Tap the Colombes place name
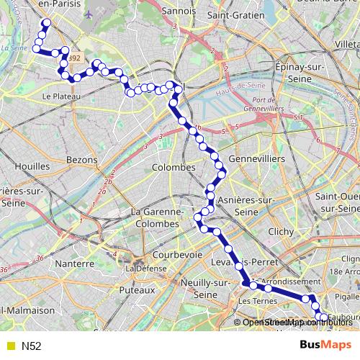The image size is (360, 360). coord(174,167)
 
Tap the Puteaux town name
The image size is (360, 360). coord(138,289)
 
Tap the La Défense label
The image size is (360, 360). coord(141,269)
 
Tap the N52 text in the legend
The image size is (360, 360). coord(31,346)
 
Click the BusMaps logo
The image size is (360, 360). coord(325,345)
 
